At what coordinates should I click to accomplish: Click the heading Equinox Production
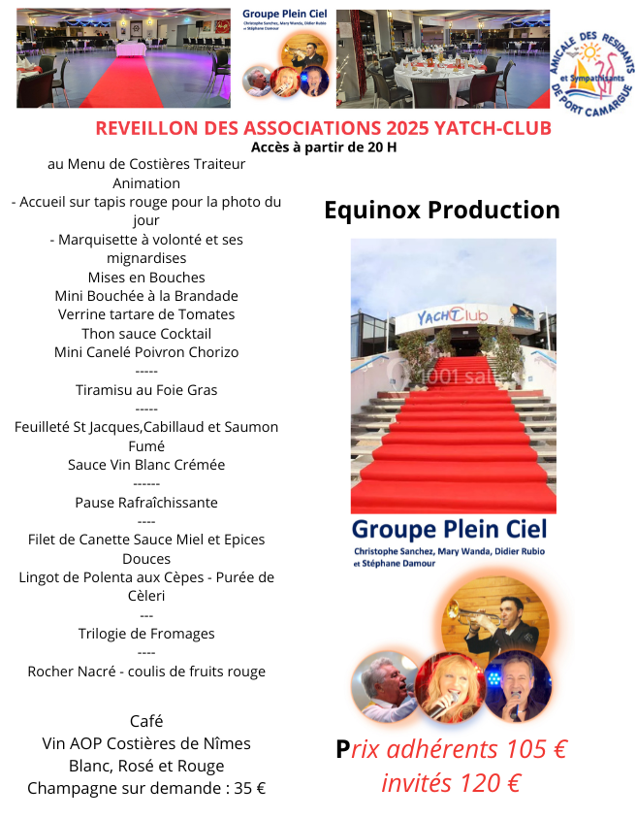click(x=441, y=211)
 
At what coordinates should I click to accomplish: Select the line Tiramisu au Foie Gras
click(x=146, y=390)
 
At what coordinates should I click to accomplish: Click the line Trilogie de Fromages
click(x=146, y=634)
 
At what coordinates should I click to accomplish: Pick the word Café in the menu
click(x=146, y=721)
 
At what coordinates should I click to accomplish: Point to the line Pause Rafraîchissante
click(x=146, y=503)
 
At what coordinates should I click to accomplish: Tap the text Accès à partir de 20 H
click(x=324, y=147)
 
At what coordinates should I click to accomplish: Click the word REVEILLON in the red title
click(x=145, y=128)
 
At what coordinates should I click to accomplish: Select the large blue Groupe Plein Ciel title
click(x=449, y=530)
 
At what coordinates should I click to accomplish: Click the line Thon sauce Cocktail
click(x=146, y=334)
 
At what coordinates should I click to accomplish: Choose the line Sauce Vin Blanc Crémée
click(x=146, y=465)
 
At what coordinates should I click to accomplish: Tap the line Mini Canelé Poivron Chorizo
click(x=146, y=352)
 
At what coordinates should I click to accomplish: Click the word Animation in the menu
click(x=146, y=183)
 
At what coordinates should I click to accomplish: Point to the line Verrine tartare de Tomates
click(x=146, y=314)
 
